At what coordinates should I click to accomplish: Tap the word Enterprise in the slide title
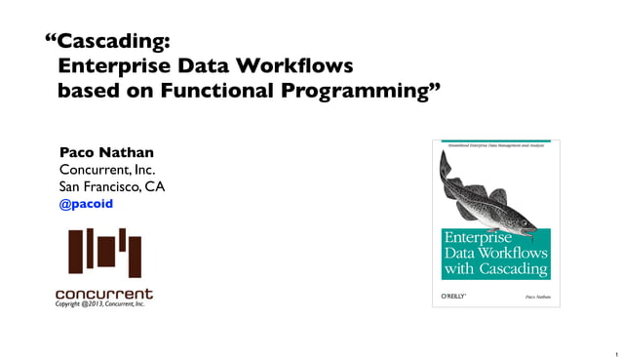pos(115,66)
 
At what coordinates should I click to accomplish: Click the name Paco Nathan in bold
pos(106,152)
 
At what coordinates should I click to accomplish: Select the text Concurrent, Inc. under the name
pos(107,170)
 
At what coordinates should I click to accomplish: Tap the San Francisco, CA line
pos(112,186)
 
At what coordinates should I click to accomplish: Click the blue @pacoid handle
pos(87,204)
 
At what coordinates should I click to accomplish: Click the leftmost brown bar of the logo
pos(75,251)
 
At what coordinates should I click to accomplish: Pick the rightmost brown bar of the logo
pos(136,256)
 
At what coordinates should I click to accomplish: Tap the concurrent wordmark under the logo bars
pos(103,293)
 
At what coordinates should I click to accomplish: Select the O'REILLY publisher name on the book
pos(456,295)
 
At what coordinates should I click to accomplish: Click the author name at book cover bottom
pos(537,295)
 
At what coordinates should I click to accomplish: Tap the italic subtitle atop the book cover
pos(495,144)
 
